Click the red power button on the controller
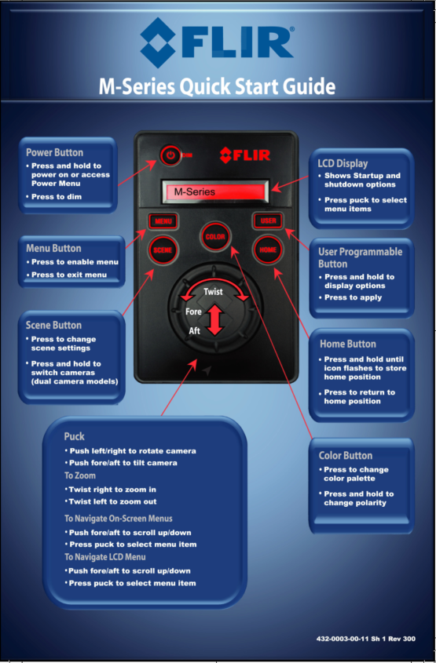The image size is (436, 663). click(x=169, y=155)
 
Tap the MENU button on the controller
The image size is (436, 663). click(x=163, y=221)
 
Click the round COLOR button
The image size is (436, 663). click(x=214, y=236)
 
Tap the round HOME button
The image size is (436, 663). click(x=267, y=250)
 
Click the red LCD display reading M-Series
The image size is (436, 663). click(x=214, y=191)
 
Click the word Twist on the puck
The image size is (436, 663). click(x=213, y=291)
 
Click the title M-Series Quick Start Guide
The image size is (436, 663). click(x=217, y=86)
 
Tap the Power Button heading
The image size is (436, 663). click(x=54, y=152)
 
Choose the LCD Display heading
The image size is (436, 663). click(x=343, y=163)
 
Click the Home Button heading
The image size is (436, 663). click(x=347, y=344)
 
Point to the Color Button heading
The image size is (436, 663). click(x=346, y=455)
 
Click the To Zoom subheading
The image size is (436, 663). click(x=79, y=475)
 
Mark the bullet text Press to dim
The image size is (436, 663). click(x=57, y=196)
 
